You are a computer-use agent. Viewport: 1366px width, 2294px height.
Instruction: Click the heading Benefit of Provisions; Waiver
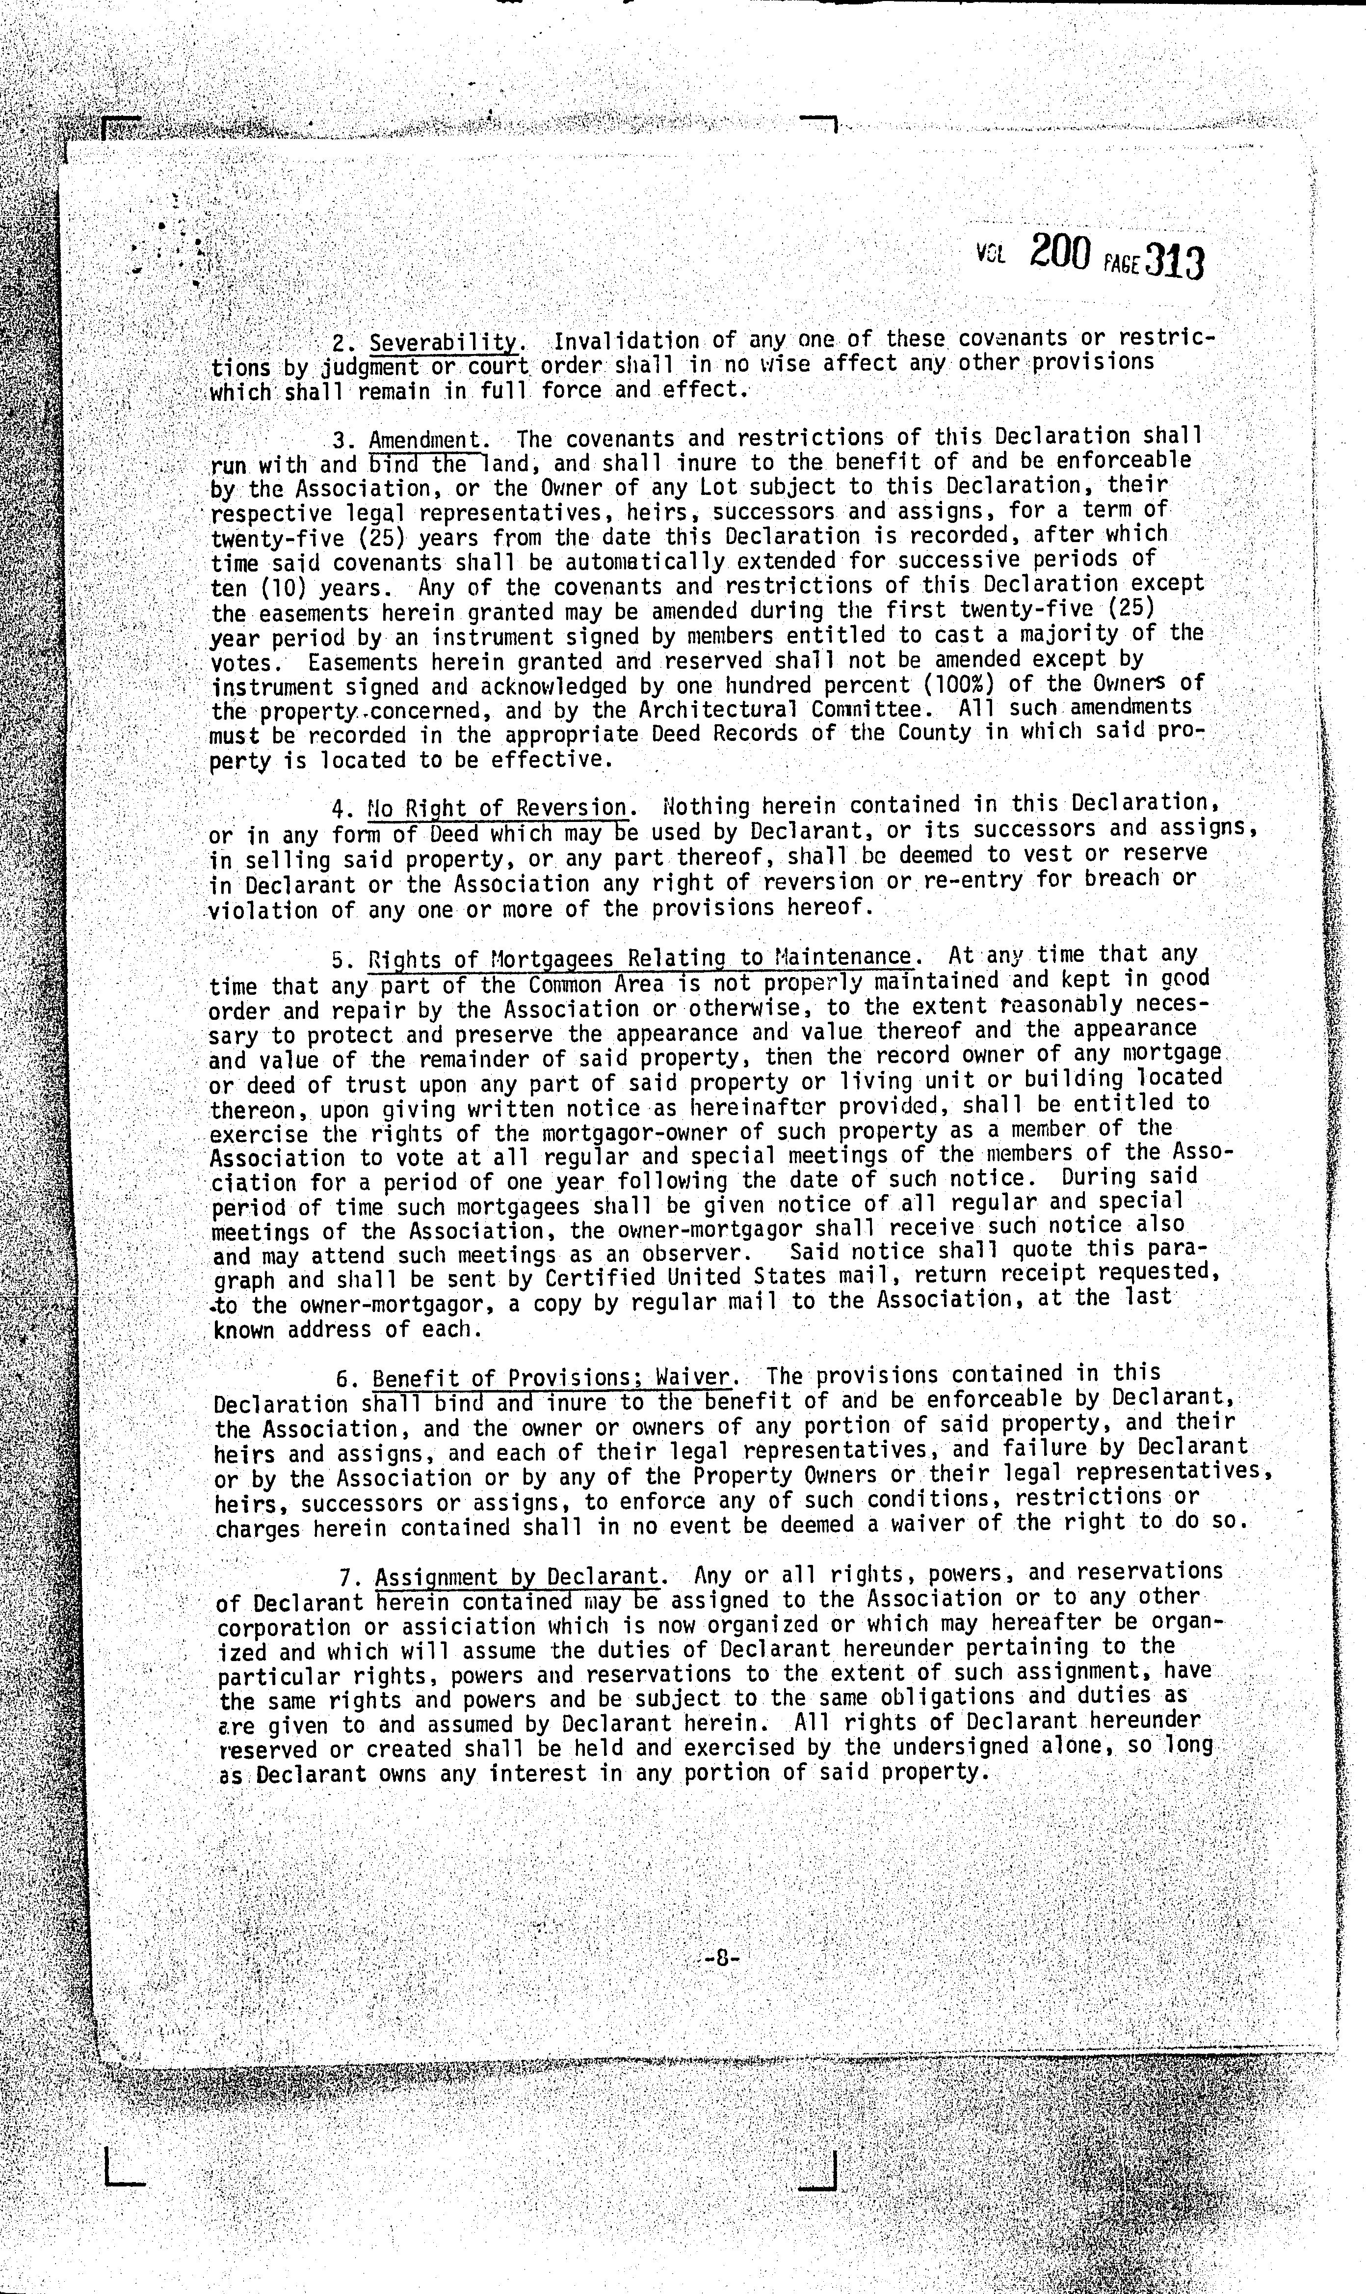552,1379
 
